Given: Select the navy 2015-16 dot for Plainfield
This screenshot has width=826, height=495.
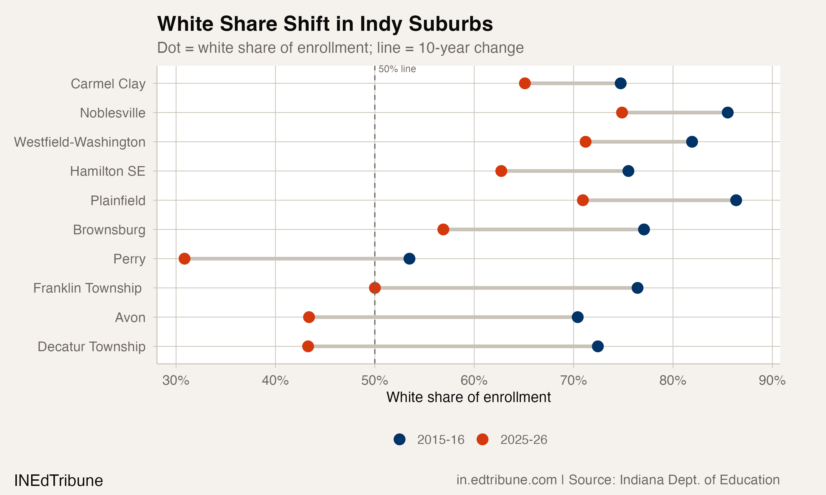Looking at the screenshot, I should click(736, 200).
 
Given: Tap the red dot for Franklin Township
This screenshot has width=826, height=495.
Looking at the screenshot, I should click(375, 288).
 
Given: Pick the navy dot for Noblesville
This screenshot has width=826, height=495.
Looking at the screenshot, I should click(727, 112).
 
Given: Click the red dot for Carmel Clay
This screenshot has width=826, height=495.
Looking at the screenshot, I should click(525, 83).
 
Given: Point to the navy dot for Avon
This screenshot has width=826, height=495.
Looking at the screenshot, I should click(578, 317).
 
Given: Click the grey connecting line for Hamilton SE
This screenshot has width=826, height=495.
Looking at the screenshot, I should click(564, 171).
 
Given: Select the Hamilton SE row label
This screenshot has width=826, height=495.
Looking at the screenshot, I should click(107, 171).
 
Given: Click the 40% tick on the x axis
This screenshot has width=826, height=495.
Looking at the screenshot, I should click(275, 380).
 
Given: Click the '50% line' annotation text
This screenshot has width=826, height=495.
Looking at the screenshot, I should click(397, 69).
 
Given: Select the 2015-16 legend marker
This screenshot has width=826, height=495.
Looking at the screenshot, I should click(399, 439).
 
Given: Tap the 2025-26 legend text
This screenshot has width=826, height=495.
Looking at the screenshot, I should click(523, 440).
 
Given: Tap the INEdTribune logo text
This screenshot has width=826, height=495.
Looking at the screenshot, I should click(58, 481).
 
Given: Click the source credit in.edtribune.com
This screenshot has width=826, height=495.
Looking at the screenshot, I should click(506, 480).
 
